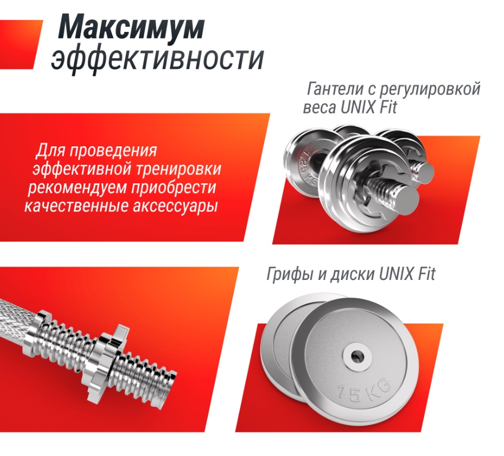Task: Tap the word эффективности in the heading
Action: pyautogui.click(x=158, y=59)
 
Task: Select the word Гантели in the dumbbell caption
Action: pyautogui.click(x=336, y=89)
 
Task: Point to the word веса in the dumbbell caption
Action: pyautogui.click(x=319, y=107)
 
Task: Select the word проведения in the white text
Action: pyautogui.click(x=113, y=151)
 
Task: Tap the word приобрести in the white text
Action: pyautogui.click(x=173, y=188)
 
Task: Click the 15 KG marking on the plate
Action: pyautogui.click(x=364, y=390)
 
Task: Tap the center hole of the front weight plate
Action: pyautogui.click(x=356, y=356)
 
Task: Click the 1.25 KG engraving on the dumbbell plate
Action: pyautogui.click(x=307, y=168)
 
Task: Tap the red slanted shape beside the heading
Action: pyautogui.click(x=19, y=44)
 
